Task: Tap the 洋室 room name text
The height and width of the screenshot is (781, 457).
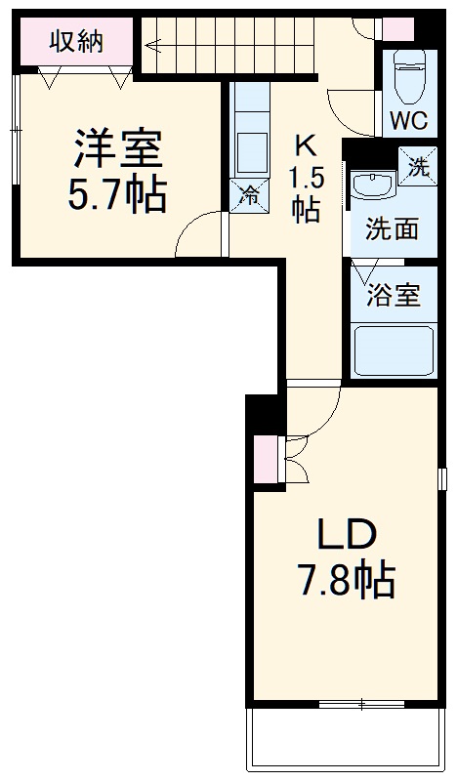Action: [x=114, y=149]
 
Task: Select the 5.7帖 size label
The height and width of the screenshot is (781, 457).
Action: [x=115, y=196]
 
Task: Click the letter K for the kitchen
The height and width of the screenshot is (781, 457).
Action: [x=306, y=146]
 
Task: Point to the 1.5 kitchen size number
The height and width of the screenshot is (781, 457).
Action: [x=306, y=179]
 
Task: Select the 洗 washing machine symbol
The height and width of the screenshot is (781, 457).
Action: [x=417, y=167]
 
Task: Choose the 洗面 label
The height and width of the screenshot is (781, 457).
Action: [x=393, y=229]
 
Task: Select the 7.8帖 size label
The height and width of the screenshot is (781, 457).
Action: [x=346, y=582]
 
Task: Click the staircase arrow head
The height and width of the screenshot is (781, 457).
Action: [x=151, y=43]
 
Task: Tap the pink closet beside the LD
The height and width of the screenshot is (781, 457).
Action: [x=265, y=460]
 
